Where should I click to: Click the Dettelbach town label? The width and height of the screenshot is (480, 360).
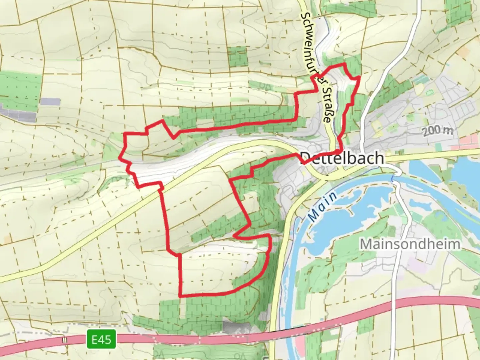(342, 158)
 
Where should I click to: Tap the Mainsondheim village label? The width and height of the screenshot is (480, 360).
(410, 244)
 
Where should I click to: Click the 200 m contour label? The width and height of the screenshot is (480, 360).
(438, 131)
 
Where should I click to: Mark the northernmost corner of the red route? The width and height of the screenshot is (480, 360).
(343, 63)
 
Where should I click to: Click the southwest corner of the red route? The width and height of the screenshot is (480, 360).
(180, 296)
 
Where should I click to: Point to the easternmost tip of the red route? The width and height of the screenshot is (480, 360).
(359, 77)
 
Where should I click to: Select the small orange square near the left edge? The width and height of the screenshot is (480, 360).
(7, 239)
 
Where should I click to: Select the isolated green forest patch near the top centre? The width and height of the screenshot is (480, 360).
(238, 57)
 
